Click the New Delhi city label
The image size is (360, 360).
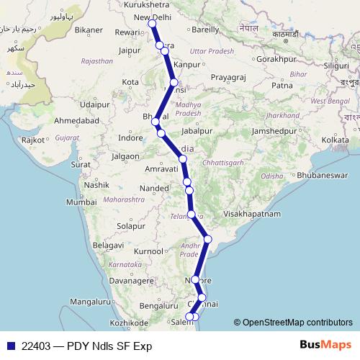coord(153,17)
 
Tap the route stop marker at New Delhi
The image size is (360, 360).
coord(152,24)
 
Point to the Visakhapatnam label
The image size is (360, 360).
coord(254,214)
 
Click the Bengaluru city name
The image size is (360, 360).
coord(158,306)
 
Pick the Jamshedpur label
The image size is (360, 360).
coord(276,132)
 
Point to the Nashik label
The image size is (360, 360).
coord(95,185)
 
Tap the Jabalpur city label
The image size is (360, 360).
coord(198,132)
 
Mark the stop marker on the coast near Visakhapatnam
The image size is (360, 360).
coord(208,239)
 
